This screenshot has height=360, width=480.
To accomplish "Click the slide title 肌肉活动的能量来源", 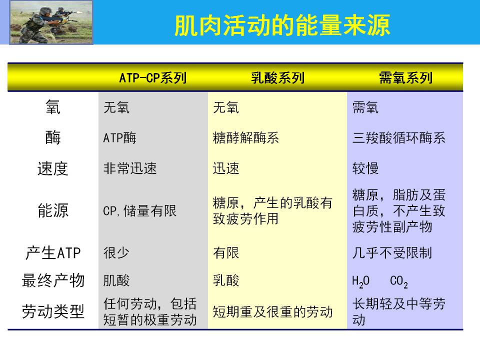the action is (282, 25).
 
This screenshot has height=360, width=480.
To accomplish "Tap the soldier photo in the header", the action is (51, 22).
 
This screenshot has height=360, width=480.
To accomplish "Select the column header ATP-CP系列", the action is (153, 78).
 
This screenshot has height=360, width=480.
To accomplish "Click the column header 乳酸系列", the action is (277, 78).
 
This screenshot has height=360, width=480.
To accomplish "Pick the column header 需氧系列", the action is (405, 78).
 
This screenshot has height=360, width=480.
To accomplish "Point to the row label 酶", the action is (53, 137).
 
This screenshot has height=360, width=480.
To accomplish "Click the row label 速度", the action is (52, 168).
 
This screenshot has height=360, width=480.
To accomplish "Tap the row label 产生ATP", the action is (53, 253).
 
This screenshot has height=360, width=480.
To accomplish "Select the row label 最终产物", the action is (53, 280).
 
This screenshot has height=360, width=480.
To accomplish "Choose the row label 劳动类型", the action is (53, 311).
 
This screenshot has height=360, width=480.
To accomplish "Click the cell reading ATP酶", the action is (119, 138).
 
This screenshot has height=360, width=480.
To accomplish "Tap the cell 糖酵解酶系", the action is (246, 138).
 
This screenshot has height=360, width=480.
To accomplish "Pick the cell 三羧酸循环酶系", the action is (399, 138).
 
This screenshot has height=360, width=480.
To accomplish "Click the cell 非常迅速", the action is (130, 168).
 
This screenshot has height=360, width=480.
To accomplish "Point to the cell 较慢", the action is (365, 168).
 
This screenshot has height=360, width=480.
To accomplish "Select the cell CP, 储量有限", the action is (140, 211).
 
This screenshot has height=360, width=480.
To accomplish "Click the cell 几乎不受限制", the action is (392, 253).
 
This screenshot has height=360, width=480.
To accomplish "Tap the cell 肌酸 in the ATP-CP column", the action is (116, 280).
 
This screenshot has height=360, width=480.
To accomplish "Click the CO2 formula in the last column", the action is (399, 281).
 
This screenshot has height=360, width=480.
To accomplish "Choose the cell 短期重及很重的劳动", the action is (273, 312).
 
